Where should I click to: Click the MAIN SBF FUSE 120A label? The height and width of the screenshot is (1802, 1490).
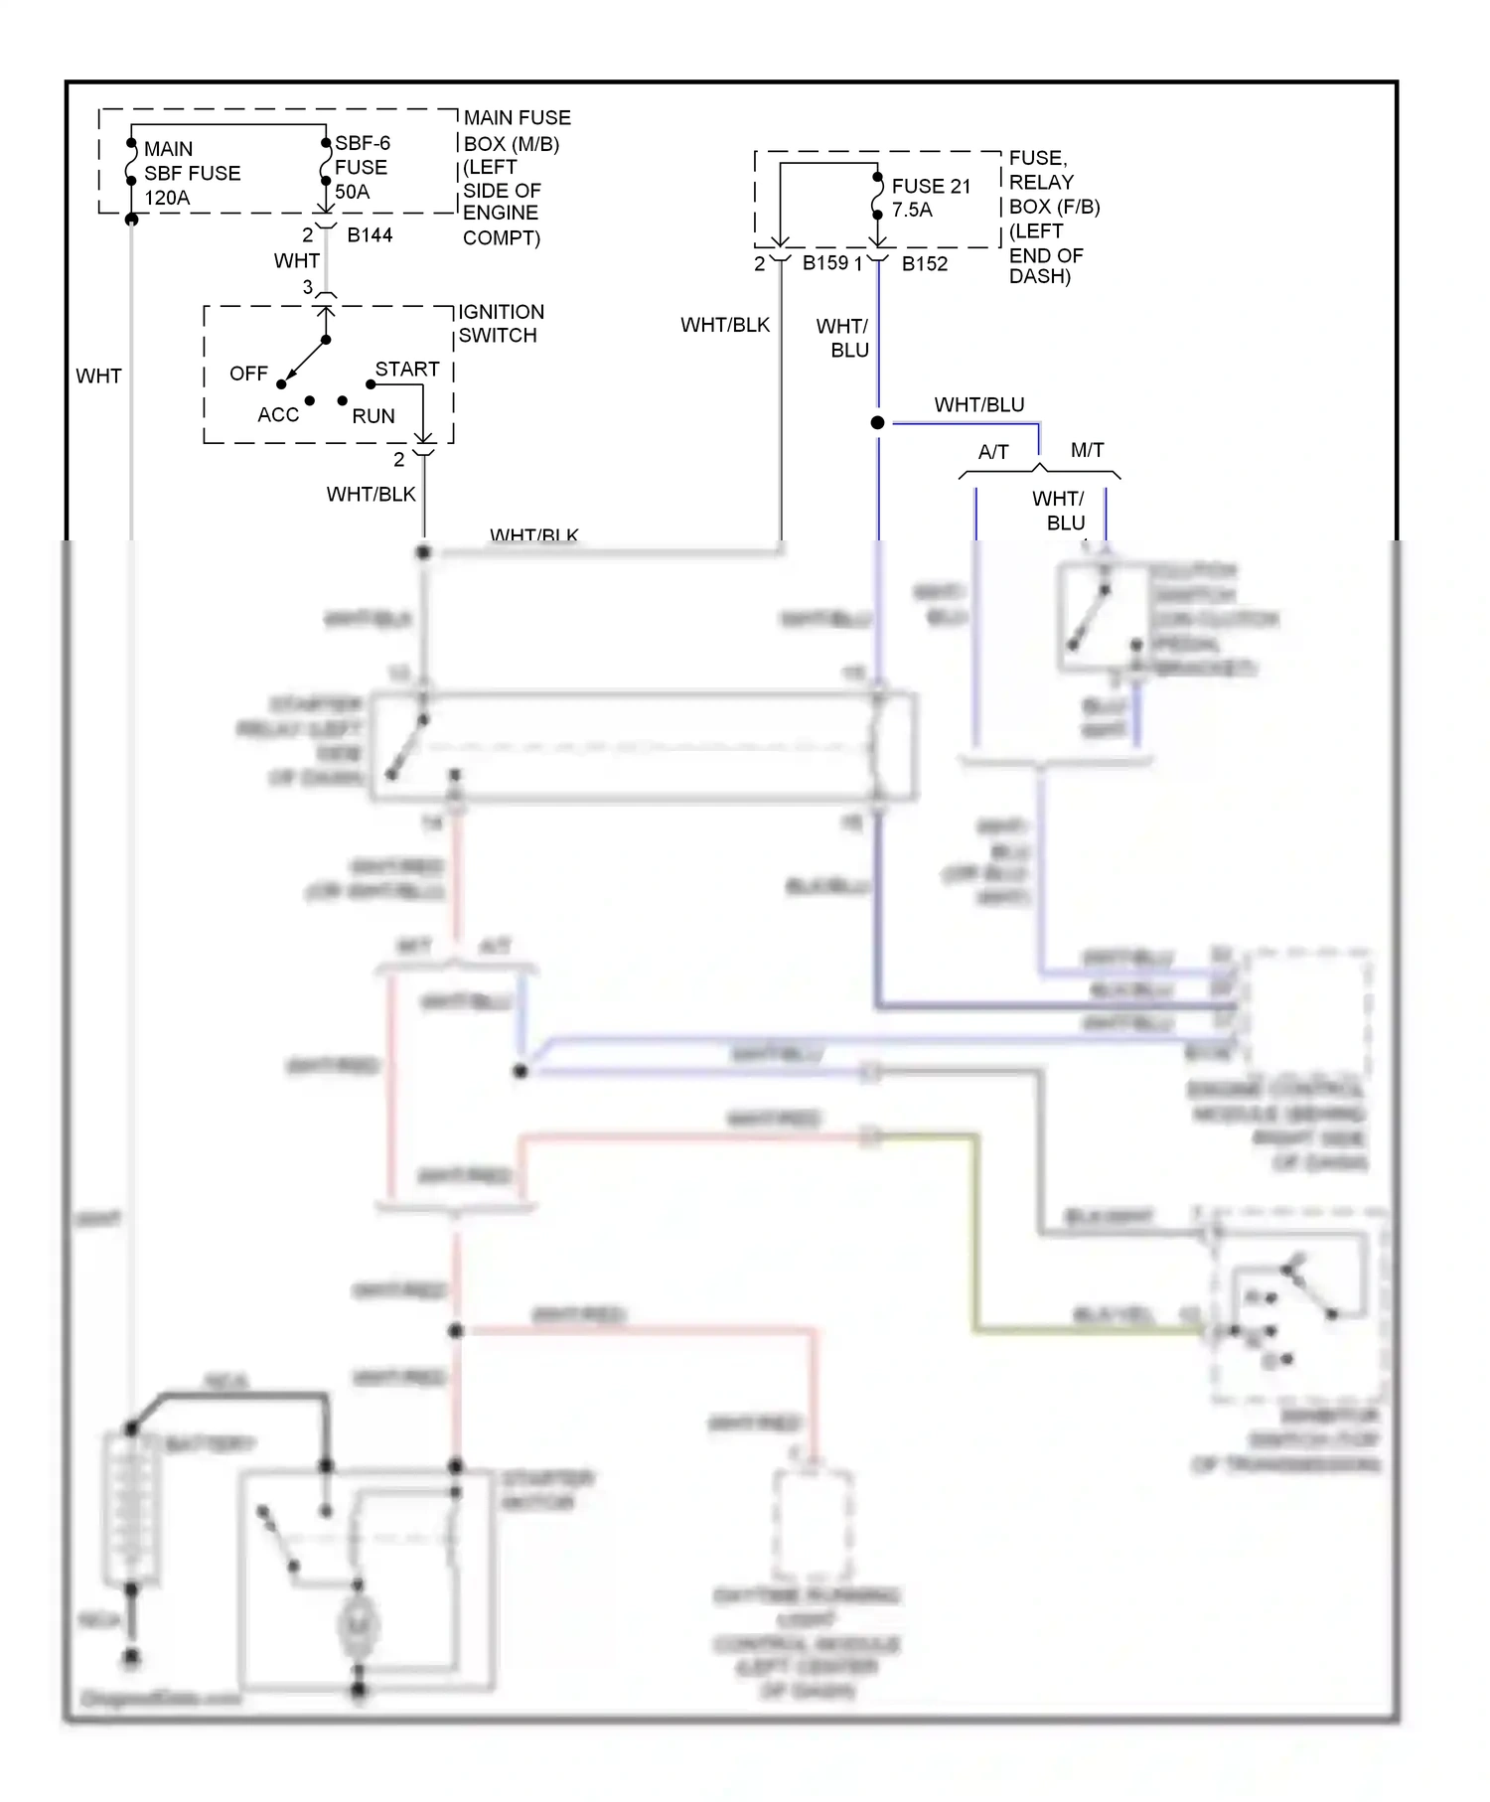point(191,173)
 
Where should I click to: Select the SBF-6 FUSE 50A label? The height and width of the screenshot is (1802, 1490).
point(362,167)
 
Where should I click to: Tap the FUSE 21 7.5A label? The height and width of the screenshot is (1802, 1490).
point(930,198)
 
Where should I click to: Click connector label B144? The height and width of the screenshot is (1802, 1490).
point(370,235)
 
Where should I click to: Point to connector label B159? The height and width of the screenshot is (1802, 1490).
point(825,263)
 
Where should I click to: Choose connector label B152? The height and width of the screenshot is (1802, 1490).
point(924,264)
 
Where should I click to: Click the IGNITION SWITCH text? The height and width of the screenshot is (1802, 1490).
point(501,324)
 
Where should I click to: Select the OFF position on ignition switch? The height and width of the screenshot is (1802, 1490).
point(248,374)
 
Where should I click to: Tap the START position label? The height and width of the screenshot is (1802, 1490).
point(407,369)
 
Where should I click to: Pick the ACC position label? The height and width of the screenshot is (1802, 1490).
point(278,415)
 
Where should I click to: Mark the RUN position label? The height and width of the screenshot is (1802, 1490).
point(373,416)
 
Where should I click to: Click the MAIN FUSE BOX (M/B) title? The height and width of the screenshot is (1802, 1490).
point(517,130)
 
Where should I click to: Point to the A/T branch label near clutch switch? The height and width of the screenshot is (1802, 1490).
point(993,452)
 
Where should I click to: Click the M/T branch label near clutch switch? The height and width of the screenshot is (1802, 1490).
point(1087,450)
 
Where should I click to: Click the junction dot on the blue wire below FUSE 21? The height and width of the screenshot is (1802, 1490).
point(877,423)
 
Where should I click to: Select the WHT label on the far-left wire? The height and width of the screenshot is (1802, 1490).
point(98,375)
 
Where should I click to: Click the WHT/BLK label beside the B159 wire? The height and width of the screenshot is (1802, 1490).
point(725,325)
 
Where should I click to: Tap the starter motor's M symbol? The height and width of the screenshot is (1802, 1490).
point(357,1625)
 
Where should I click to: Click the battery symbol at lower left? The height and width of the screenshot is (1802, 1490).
point(130,1510)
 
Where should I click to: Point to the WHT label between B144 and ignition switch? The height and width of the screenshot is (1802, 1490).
point(297,261)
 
